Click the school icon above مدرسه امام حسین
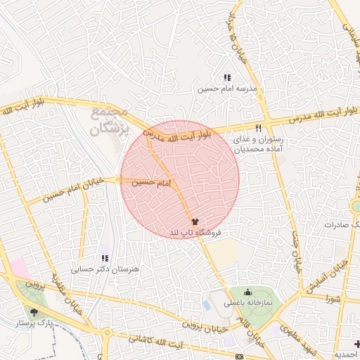[x=226, y=78]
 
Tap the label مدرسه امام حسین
[x=226, y=89]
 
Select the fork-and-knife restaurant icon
[x=259, y=128]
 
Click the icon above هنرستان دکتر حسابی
[x=105, y=258]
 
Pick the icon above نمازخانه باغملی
[x=247, y=292]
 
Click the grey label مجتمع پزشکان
[x=110, y=120]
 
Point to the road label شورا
[x=333, y=298]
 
